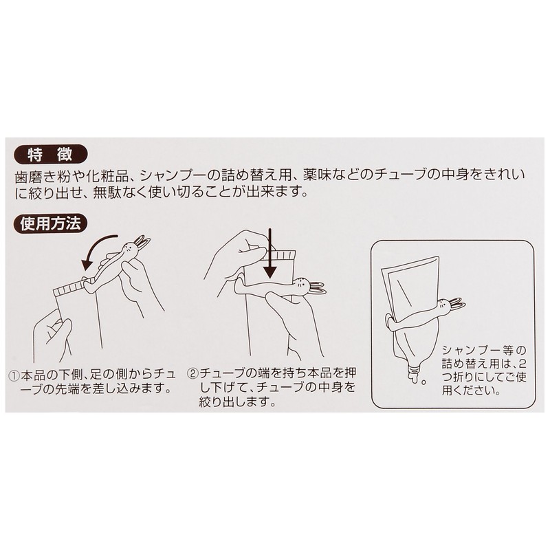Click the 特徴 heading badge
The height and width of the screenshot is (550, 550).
[x=48, y=154]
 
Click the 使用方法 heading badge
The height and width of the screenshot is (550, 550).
[x=48, y=223]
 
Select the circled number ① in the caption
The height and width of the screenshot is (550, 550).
[x=13, y=375]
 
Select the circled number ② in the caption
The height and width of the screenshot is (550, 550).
[x=193, y=375]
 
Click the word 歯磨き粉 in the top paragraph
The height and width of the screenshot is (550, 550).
[x=42, y=175]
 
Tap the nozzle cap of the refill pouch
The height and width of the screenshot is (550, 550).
[x=415, y=374]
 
